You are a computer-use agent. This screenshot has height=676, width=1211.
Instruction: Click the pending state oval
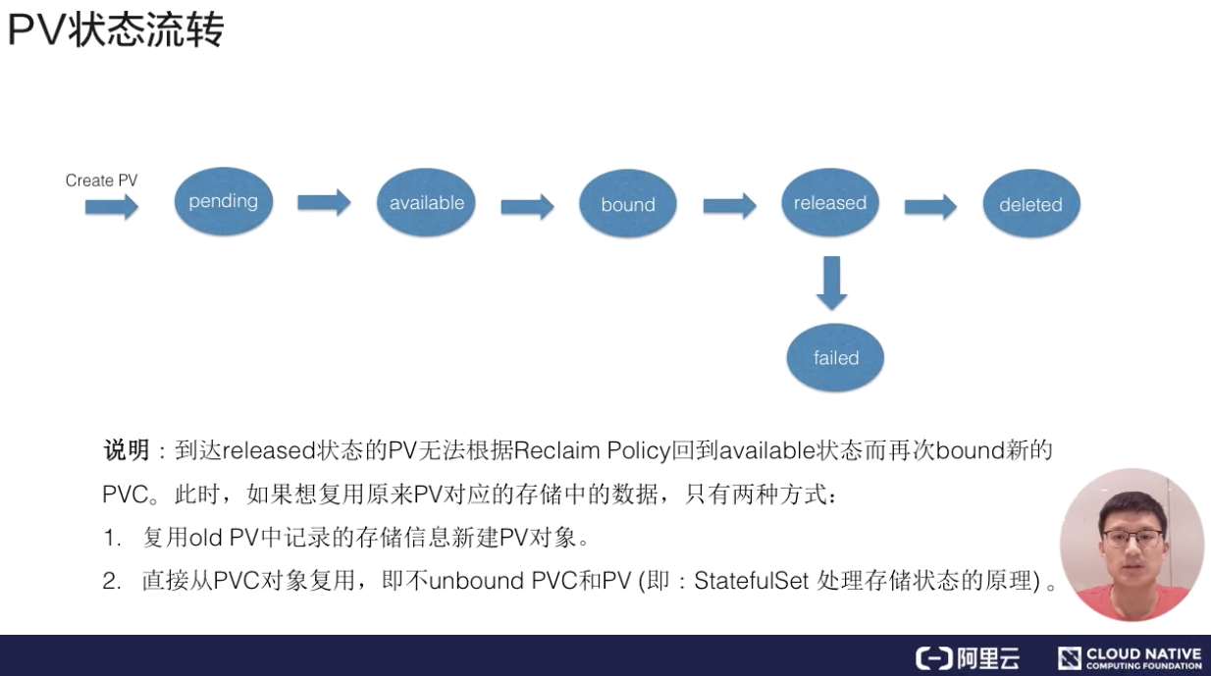(x=223, y=201)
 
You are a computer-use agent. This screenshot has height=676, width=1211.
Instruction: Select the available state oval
(x=426, y=203)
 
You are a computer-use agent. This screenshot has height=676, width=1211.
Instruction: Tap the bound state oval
(x=628, y=204)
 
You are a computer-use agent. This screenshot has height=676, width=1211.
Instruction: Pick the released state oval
(x=829, y=203)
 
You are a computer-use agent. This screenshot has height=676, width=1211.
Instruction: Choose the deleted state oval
(x=1030, y=204)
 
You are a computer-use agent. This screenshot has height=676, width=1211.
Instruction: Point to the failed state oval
(x=835, y=358)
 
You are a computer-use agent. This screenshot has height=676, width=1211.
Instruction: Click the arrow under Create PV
(x=111, y=207)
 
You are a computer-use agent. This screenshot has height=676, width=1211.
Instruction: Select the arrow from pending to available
(x=324, y=202)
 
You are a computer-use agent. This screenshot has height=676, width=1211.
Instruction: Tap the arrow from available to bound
(x=527, y=206)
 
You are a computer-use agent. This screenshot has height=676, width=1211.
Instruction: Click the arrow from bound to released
(x=729, y=205)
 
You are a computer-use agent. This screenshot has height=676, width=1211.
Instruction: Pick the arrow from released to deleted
(x=930, y=206)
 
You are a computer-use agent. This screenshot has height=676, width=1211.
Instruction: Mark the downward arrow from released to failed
(x=832, y=283)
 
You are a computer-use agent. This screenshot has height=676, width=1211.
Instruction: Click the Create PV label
(x=101, y=181)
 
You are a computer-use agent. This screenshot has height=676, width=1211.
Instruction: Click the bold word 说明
(x=126, y=451)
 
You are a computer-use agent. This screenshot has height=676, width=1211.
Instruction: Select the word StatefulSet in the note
(x=751, y=581)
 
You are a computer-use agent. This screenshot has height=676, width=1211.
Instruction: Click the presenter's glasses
(x=1132, y=537)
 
